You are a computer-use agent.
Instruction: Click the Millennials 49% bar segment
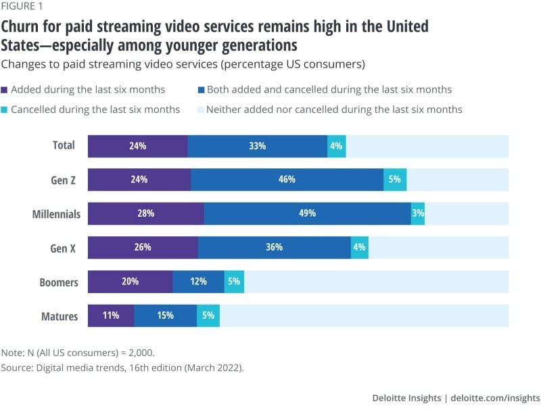click(307, 213)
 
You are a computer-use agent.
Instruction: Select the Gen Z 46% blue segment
click(287, 180)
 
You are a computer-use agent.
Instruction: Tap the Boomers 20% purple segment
click(131, 282)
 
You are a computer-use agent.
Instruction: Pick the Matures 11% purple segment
click(111, 315)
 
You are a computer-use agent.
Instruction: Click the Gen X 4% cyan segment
click(360, 248)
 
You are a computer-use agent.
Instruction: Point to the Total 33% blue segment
click(257, 146)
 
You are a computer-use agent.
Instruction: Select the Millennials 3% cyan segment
click(418, 213)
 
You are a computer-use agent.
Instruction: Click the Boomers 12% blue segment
click(198, 282)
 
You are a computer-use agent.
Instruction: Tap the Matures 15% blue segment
click(165, 315)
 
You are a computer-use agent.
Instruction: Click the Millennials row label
click(57, 214)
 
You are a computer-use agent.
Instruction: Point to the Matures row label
click(61, 316)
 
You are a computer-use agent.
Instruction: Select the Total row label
click(64, 145)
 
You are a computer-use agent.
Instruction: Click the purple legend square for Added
click(5, 90)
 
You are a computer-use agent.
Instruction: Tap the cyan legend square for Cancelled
click(5, 109)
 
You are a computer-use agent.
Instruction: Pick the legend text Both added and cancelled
click(329, 89)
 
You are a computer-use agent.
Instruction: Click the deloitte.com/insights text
click(496, 397)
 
